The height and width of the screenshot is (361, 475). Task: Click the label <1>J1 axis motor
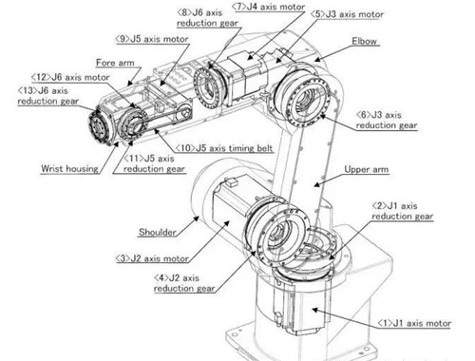(414, 323)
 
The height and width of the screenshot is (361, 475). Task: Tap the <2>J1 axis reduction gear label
(402, 211)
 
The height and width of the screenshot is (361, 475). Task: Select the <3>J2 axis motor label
(152, 258)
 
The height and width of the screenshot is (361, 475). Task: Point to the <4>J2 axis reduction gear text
(184, 283)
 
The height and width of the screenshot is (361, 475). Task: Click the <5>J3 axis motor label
(347, 14)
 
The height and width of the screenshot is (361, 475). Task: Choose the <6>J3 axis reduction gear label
(387, 120)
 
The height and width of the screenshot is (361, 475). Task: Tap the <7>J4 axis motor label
(268, 7)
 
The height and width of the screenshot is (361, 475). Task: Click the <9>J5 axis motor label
(152, 39)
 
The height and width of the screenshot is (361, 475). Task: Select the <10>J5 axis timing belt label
(224, 148)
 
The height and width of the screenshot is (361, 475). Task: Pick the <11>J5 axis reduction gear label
(154, 163)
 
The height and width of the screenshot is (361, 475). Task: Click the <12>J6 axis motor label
(70, 77)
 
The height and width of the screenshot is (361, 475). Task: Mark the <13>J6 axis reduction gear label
(47, 96)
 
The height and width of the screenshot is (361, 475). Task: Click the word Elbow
(365, 41)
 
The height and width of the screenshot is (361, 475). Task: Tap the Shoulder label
(158, 232)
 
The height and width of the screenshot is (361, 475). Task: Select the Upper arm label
(367, 169)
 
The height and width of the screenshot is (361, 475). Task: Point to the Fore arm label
(115, 63)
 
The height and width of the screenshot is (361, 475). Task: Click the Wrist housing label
(69, 168)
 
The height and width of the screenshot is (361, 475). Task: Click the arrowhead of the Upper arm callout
(316, 184)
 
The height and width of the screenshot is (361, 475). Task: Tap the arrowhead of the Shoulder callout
(197, 218)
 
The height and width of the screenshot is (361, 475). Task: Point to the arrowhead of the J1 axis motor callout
(315, 310)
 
